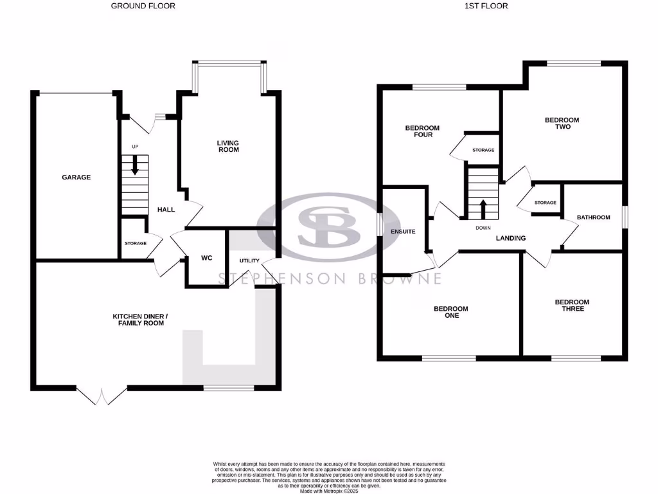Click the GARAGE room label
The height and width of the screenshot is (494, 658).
pyautogui.click(x=76, y=178)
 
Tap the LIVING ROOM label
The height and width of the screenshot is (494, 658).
pyautogui.click(x=227, y=146)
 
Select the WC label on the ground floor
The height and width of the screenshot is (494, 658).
pyautogui.click(x=207, y=258)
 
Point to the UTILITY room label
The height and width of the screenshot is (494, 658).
pyautogui.click(x=249, y=261)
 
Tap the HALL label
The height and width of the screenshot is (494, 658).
pyautogui.click(x=166, y=210)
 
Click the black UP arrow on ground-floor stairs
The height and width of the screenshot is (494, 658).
pyautogui.click(x=135, y=166)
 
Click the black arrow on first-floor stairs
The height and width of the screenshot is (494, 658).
pyautogui.click(x=482, y=208)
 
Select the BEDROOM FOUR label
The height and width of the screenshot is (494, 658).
pyautogui.click(x=418, y=131)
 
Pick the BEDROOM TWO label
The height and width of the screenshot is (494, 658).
pyautogui.click(x=562, y=123)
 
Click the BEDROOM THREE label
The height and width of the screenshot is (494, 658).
pyautogui.click(x=571, y=306)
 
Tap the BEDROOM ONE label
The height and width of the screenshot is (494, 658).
pyautogui.click(x=450, y=312)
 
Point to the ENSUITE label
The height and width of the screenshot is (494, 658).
pyautogui.click(x=404, y=231)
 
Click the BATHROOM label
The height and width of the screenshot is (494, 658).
pyautogui.click(x=593, y=217)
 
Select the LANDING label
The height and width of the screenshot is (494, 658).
pyautogui.click(x=511, y=238)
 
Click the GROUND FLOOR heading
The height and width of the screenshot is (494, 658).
pyautogui.click(x=143, y=6)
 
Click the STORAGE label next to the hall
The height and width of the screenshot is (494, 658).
pyautogui.click(x=136, y=243)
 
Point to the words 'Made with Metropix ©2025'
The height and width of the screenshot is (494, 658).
pyautogui.click(x=329, y=490)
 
